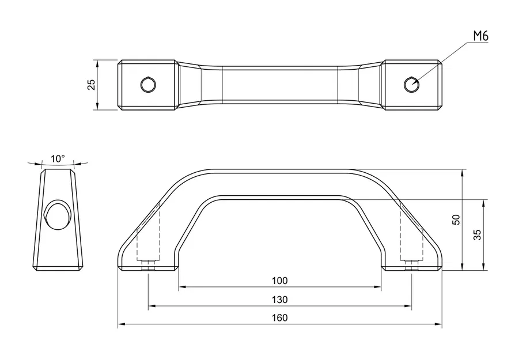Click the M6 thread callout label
[x=480, y=36]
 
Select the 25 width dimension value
[x=91, y=85]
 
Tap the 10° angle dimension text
[x=58, y=158]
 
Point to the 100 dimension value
[x=279, y=281]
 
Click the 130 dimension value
[x=279, y=300]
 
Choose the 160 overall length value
[x=279, y=317]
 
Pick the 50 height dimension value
[x=456, y=219]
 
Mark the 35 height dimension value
[x=477, y=234]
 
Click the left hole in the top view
[x=148, y=85]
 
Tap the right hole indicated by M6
[x=411, y=85]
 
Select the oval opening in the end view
[x=57, y=215]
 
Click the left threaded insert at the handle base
[x=148, y=265]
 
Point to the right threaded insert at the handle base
[x=411, y=265]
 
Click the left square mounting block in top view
[x=147, y=85]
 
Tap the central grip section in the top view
[x=279, y=85]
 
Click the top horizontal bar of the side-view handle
[x=279, y=183]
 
